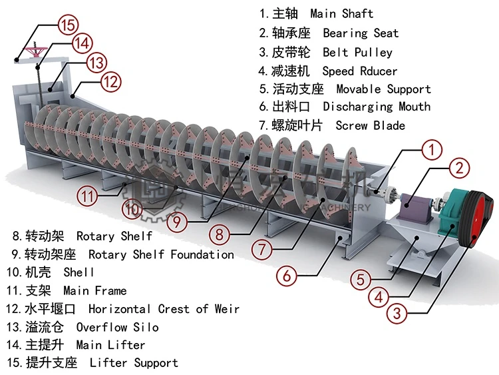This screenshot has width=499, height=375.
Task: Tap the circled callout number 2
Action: tap(458, 168)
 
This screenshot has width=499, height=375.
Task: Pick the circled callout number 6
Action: tap(287, 274)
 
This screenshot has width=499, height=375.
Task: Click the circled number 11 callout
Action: tap(87, 196)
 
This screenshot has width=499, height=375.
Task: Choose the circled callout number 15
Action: tap(67, 26)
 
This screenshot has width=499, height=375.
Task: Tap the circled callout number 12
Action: tap(112, 82)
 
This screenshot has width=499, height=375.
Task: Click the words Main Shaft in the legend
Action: tap(342, 14)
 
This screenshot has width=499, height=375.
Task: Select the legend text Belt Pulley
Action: tap(358, 52)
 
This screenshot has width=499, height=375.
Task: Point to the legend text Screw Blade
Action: tap(370, 125)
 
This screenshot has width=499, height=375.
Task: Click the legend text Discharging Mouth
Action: tap(377, 107)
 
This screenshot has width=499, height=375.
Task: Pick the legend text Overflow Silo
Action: tap(118, 327)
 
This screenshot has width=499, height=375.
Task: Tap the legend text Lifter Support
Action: tap(134, 363)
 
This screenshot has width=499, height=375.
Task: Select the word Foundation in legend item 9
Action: tap(202, 254)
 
